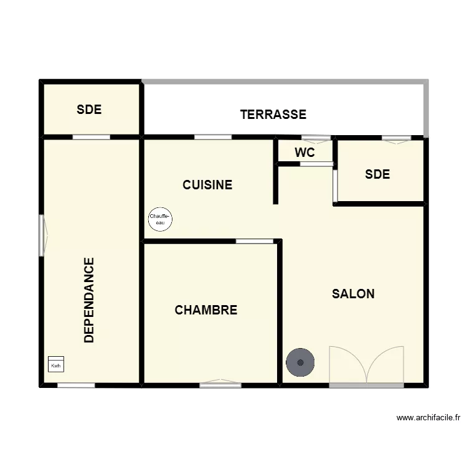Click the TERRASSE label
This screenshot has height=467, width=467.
coord(273,115)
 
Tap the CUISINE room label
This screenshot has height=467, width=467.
coord(207,185)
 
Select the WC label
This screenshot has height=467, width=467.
coord(304,153)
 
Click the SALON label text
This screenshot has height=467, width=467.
coord(353,294)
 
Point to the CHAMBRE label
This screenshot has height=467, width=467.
coord(206,310)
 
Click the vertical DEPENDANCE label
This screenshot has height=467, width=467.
coord(90,300)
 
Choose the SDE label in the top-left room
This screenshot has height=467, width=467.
coord(89,110)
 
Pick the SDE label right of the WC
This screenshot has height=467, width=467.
coord(377,174)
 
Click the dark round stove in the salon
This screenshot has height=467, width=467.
coord(300,362)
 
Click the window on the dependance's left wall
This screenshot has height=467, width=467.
coord(42,235)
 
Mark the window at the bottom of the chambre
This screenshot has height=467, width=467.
coord(220,384)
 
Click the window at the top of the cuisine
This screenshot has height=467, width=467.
coord(213,137)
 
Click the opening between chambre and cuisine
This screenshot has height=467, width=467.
coord(255,241)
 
